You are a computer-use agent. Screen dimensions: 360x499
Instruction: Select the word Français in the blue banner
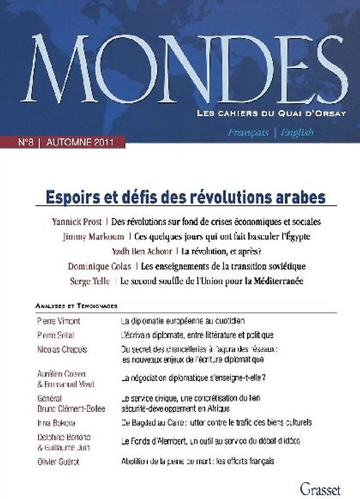tap(248, 133)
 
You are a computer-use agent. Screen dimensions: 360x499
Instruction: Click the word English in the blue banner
tap(296, 133)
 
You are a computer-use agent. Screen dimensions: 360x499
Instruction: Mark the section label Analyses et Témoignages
tap(77, 307)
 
